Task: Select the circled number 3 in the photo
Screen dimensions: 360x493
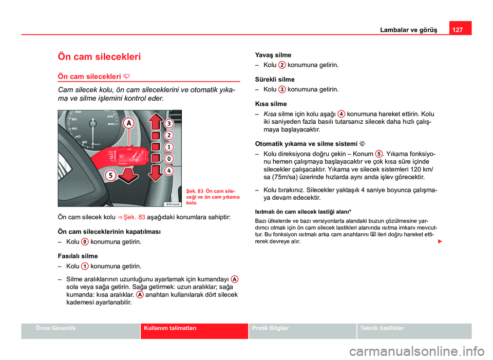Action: [168, 123]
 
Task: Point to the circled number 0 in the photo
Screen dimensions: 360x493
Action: [168, 159]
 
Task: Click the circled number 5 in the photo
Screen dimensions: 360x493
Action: [110, 176]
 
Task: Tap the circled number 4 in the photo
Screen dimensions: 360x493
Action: [168, 170]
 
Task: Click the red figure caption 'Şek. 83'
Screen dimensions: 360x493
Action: [197, 192]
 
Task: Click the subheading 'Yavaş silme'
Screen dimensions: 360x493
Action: [273, 55]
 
